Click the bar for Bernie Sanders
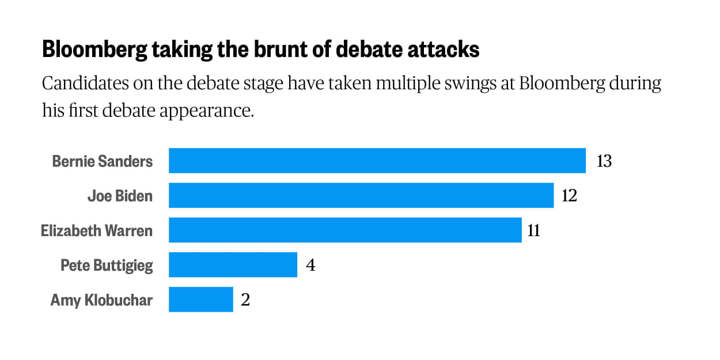pyautogui.click(x=377, y=161)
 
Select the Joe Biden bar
pyautogui.click(x=361, y=196)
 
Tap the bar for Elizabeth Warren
pyautogui.click(x=345, y=230)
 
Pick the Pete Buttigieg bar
pyautogui.click(x=233, y=265)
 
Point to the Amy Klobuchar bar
pyautogui.click(x=200, y=300)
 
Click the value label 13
pyautogui.click(x=604, y=161)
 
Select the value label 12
pyautogui.click(x=569, y=196)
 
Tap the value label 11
pyautogui.click(x=534, y=230)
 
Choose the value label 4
pyautogui.click(x=310, y=266)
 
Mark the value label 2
pyautogui.click(x=245, y=300)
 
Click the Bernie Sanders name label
pyautogui.click(x=103, y=161)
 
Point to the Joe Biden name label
pyautogui.click(x=120, y=196)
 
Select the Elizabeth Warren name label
pyautogui.click(x=97, y=230)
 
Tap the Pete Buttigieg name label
pyautogui.click(x=107, y=266)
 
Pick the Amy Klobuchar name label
pyautogui.click(x=101, y=300)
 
